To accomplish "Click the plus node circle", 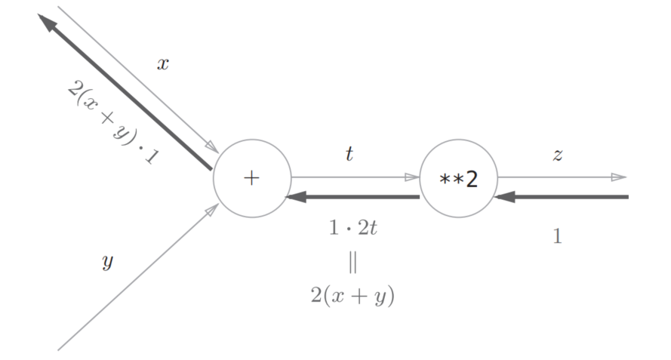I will tap(251, 179).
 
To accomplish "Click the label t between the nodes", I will tap(349, 153).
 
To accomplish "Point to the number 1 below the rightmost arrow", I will tap(558, 237).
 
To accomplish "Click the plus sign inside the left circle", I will tap(251, 179).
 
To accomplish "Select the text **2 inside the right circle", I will tap(458, 180).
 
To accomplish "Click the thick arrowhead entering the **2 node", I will tap(503, 197).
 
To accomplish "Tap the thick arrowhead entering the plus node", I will tap(297, 197).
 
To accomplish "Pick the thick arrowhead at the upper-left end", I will tap(48, 23).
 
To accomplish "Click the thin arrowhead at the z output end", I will tap(618, 177).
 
